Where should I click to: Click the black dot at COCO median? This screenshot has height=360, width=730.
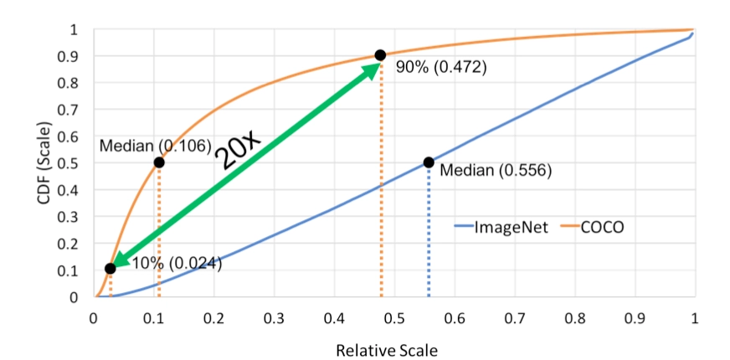[x=159, y=162]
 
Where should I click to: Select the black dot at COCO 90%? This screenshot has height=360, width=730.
[x=380, y=55]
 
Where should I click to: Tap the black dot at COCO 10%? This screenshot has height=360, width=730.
[x=110, y=269]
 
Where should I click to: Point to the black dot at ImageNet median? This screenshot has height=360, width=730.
[x=429, y=162]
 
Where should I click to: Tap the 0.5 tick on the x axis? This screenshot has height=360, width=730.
[x=393, y=318]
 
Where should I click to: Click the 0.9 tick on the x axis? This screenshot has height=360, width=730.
[x=635, y=318]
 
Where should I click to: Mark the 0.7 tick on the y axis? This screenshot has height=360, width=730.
[x=76, y=109]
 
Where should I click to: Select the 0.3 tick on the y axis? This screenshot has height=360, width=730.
[x=76, y=216]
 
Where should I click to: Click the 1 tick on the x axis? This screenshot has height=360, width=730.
[x=695, y=318]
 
